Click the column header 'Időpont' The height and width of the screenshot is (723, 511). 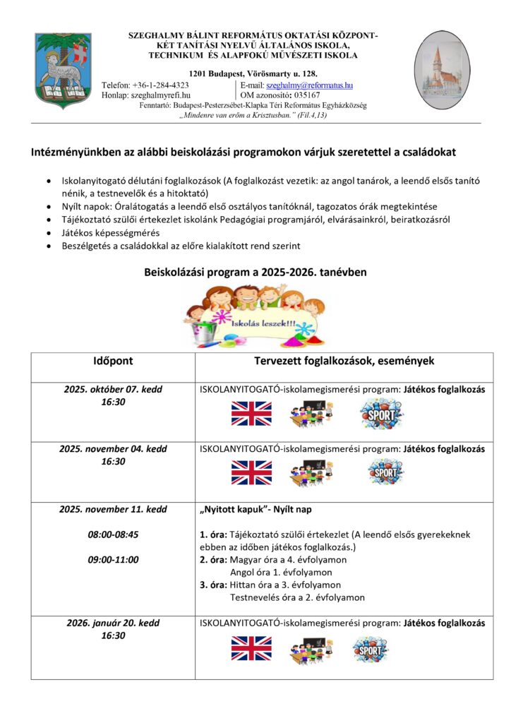click(113, 361)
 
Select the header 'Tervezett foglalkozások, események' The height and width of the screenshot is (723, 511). click(344, 361)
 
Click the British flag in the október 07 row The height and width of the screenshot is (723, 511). click(251, 413)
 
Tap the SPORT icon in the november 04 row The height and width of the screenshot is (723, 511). click(386, 472)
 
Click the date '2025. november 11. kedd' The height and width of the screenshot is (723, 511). click(113, 509)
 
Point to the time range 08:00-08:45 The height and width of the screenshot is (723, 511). click(113, 534)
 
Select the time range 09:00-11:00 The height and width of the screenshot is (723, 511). click(113, 560)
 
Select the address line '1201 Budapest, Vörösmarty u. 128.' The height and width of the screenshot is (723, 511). click(253, 73)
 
